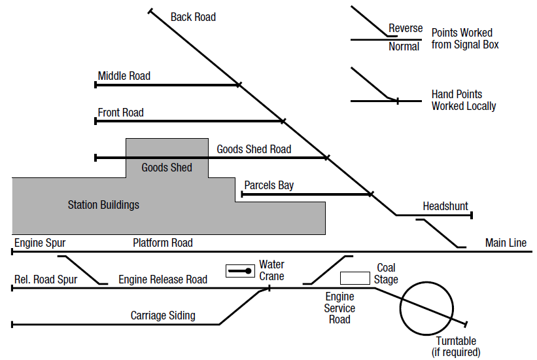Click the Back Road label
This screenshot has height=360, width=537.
193,17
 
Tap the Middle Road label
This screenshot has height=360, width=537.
124,76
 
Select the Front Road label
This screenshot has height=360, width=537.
121,113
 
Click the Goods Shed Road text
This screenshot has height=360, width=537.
254,149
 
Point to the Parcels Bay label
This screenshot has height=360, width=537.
269,185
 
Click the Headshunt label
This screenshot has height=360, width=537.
445,206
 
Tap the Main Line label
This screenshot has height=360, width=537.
506,243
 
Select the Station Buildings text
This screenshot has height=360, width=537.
103,205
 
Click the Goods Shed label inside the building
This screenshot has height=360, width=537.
167,168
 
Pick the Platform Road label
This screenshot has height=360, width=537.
163,243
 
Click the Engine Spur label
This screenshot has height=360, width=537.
40,243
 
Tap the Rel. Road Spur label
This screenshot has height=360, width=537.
46,279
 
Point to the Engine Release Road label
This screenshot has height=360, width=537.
163,279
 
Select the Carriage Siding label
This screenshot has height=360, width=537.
163,315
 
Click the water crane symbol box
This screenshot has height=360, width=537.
240,270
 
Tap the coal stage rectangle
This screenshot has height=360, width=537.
355,278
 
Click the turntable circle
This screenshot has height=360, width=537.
426,307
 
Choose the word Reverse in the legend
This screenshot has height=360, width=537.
406,28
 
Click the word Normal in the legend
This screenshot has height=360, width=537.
404,46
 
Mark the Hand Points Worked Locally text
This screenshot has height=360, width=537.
464,100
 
